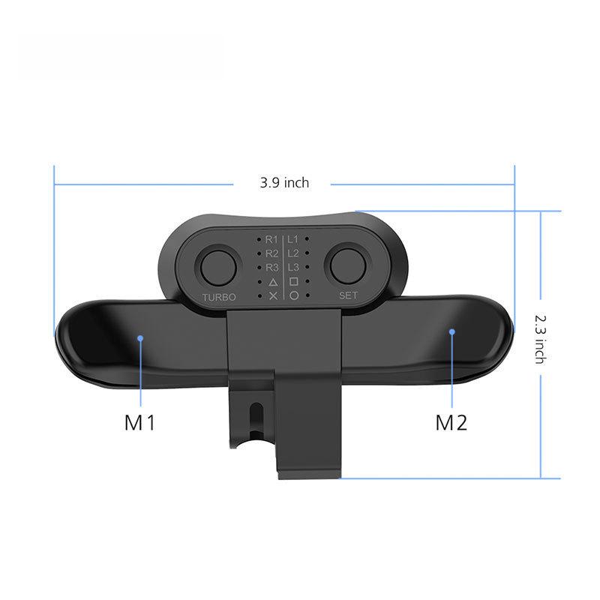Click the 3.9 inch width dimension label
(284, 182)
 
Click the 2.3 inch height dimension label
(539, 338)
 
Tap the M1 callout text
(139, 422)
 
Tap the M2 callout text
(451, 422)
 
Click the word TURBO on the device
(219, 297)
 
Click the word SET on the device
(349, 295)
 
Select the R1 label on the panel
(271, 238)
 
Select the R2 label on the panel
(271, 253)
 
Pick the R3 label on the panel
(271, 267)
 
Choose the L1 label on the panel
(293, 238)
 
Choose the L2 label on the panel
(293, 253)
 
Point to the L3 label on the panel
(293, 267)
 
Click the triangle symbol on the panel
(273, 282)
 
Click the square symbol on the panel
(294, 282)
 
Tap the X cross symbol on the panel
(273, 296)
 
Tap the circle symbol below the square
(294, 296)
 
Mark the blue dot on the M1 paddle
(140, 338)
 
